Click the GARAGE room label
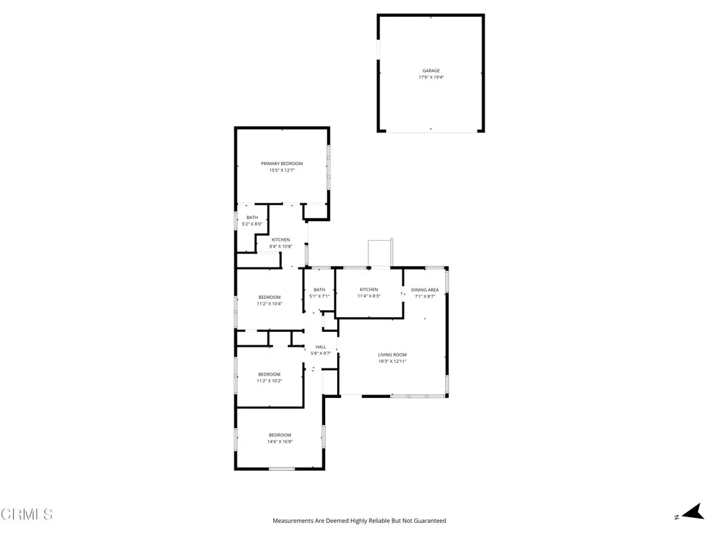click(x=431, y=71)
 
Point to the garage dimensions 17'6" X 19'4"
click(x=431, y=77)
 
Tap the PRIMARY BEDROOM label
click(x=282, y=164)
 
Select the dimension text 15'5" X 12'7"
click(x=282, y=171)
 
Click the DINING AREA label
click(x=425, y=290)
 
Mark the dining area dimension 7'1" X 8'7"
click(x=425, y=296)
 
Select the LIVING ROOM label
click(x=393, y=354)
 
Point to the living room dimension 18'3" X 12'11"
click(x=393, y=361)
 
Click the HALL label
click(x=321, y=347)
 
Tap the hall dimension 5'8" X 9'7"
click(x=321, y=353)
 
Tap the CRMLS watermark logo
click(x=27, y=514)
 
